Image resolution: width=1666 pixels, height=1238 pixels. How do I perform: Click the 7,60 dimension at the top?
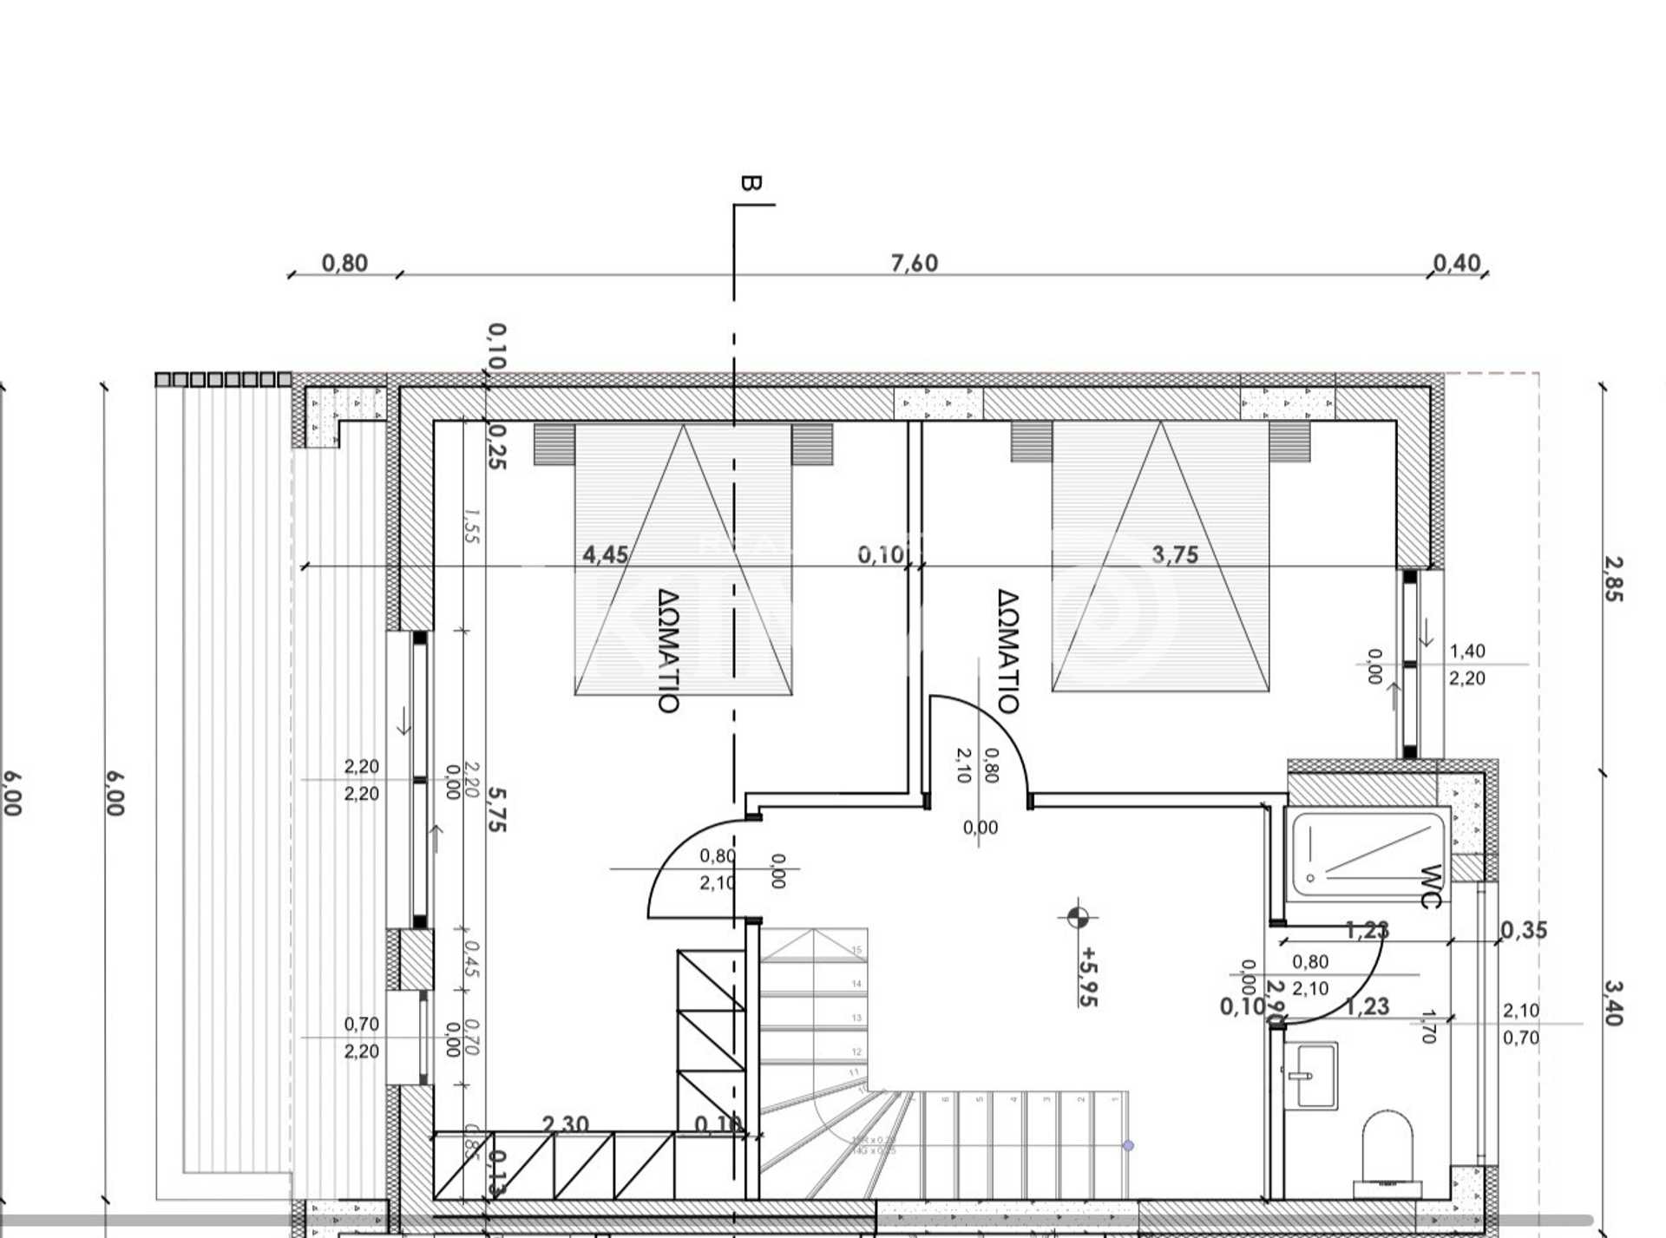[x=914, y=263]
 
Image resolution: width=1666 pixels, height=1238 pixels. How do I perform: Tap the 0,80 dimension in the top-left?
[x=344, y=263]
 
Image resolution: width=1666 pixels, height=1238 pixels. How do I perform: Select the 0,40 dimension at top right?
[x=1456, y=263]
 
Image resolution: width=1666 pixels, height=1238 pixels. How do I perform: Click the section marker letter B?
[x=751, y=183]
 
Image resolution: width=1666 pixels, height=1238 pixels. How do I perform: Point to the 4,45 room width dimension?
[x=605, y=554]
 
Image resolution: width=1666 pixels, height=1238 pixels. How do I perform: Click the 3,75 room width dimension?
[x=1175, y=554]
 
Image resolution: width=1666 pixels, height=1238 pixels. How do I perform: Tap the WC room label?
[x=1430, y=886]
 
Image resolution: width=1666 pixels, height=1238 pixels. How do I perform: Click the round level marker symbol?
[x=1077, y=917]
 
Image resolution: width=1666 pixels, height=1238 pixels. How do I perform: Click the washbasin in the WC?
[x=1310, y=1076]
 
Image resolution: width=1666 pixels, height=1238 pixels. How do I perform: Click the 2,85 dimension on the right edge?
[x=1612, y=579]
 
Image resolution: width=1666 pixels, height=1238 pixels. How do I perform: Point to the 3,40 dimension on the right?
[x=1612, y=1002]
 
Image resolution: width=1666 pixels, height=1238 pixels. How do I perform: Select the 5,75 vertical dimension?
[x=495, y=809]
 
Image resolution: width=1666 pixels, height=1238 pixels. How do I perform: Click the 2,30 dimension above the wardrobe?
[x=565, y=1124]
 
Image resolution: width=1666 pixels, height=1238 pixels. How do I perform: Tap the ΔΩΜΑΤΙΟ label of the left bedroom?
[x=667, y=651]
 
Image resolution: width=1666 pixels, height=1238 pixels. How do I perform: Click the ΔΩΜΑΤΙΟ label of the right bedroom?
[x=1007, y=651]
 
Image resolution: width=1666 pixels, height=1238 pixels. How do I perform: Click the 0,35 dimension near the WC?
[x=1524, y=930]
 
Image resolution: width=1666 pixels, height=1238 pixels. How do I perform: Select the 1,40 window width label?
[x=1467, y=651]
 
